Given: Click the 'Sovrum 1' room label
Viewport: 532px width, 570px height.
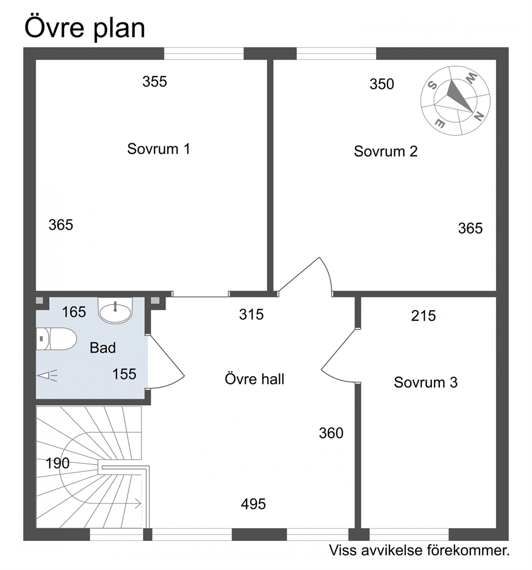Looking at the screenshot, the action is pyautogui.click(x=158, y=149).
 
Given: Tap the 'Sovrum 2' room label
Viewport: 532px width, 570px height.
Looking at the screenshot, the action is pyautogui.click(x=386, y=151).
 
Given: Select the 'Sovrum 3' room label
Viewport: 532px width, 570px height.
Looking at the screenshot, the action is pyautogui.click(x=425, y=382).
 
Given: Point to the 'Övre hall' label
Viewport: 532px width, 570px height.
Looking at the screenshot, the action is pyautogui.click(x=254, y=379).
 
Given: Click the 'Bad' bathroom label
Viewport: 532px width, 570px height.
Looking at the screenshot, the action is pyautogui.click(x=102, y=348).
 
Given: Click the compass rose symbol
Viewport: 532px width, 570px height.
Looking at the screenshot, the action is pyautogui.click(x=455, y=100).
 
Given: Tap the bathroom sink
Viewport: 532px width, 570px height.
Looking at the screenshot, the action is pyautogui.click(x=115, y=311).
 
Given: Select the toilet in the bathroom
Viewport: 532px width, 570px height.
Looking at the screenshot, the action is pyautogui.click(x=56, y=339).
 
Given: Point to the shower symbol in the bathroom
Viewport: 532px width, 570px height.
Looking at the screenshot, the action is pyautogui.click(x=47, y=376).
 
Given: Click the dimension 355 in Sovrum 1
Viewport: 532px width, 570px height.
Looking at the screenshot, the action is pyautogui.click(x=154, y=81).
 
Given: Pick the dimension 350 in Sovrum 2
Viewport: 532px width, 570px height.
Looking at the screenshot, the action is pyautogui.click(x=382, y=84).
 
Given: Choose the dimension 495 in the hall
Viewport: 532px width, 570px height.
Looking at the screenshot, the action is pyautogui.click(x=253, y=504).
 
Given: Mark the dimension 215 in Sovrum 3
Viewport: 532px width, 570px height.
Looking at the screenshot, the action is pyautogui.click(x=423, y=316).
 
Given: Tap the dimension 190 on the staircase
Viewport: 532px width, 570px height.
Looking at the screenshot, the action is pyautogui.click(x=57, y=463).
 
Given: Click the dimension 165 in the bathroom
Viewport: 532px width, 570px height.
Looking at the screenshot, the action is pyautogui.click(x=74, y=312).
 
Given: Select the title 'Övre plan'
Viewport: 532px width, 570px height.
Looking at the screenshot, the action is pyautogui.click(x=85, y=28).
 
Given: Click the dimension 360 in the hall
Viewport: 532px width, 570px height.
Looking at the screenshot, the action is pyautogui.click(x=331, y=433).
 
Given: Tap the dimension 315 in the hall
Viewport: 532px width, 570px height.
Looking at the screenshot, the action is pyautogui.click(x=251, y=314).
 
